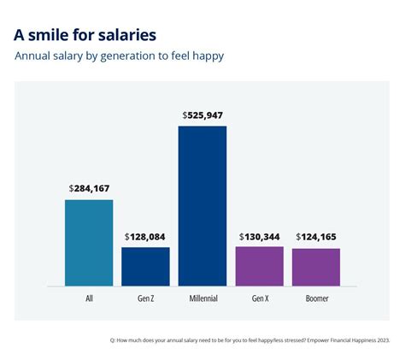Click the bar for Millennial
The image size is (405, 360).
pos(202,205)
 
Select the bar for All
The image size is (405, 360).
pos(89,243)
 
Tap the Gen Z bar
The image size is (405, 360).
pos(145,266)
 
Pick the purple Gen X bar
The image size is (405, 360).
pos(259,265)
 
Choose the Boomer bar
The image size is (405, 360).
pos(316,267)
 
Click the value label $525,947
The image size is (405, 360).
pos(202,115)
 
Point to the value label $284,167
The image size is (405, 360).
pos(89,188)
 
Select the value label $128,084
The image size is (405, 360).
pos(145,236)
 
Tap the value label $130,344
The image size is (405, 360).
pos(259,236)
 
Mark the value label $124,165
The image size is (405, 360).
pos(316,236)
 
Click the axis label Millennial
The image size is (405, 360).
pos(202,299)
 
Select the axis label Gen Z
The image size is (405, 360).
pos(145,299)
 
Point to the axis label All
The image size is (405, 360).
pos(89,299)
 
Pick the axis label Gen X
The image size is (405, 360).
pos(259,299)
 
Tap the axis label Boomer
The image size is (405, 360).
pos(316,299)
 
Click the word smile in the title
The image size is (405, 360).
pos(55,35)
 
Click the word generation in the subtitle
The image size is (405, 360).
pos(147,57)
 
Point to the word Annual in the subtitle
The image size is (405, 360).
pos(34,57)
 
